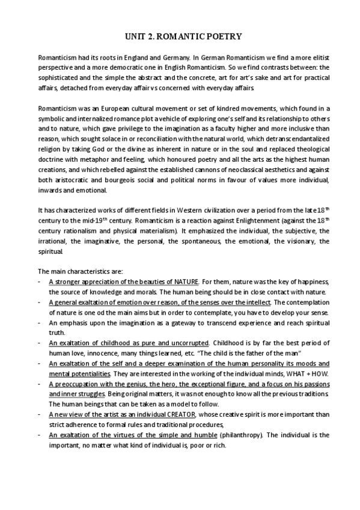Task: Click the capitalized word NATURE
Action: (186, 281)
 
